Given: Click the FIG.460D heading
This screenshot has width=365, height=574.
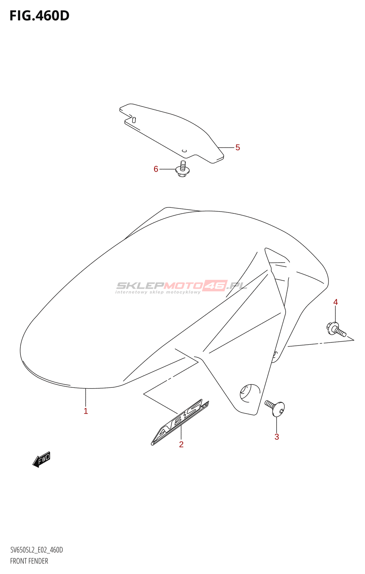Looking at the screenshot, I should (39, 16).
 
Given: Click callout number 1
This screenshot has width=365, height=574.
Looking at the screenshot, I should (86, 411).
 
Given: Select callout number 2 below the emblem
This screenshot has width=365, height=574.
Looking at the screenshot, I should (181, 444).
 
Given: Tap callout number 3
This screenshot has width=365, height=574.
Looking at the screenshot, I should (277, 437).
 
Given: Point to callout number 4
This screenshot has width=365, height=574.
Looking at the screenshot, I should (336, 302).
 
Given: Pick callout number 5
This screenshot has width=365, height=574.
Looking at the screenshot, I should (237, 147).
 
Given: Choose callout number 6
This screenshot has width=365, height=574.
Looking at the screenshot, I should (156, 169).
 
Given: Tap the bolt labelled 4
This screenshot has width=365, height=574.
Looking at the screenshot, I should (336, 329).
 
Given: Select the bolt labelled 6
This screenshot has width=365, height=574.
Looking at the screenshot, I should (182, 169).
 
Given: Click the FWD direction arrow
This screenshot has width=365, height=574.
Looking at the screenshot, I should (42, 459).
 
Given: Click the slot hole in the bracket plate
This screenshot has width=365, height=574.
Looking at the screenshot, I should (134, 120).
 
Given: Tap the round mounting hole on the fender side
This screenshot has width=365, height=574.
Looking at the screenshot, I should (249, 392).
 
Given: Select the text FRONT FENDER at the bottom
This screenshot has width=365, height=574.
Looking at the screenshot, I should (29, 561).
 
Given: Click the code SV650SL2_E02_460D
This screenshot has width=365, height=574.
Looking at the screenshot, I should (36, 550).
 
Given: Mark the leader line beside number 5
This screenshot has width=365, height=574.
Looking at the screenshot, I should (226, 147).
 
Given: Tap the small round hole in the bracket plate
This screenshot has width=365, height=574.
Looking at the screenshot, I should (184, 151).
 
